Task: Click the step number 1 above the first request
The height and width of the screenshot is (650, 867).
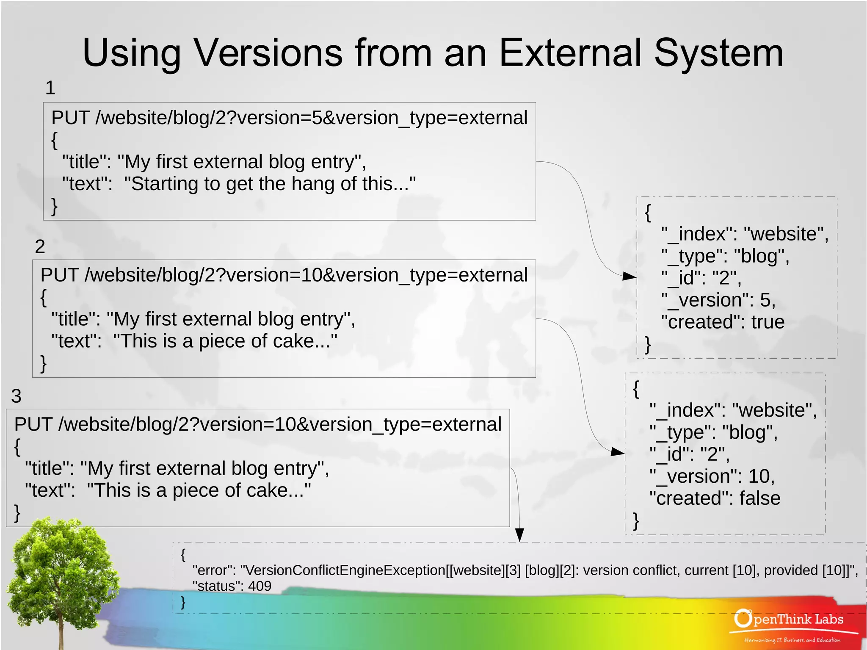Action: tap(50, 88)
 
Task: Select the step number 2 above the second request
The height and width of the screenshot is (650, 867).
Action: tap(40, 246)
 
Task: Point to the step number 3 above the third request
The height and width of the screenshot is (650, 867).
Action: tap(16, 396)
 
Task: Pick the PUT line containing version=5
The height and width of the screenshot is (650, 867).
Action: tap(289, 118)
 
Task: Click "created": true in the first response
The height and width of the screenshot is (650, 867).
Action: tap(723, 322)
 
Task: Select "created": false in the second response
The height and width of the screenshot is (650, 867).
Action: tap(715, 498)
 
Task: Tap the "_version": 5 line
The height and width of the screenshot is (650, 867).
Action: tap(718, 300)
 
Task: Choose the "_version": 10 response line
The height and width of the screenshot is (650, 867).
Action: tap(712, 476)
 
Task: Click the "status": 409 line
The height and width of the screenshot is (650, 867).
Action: tap(232, 586)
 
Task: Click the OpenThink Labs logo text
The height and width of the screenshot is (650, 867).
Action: tap(790, 620)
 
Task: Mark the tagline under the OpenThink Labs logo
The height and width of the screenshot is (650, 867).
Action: tap(792, 640)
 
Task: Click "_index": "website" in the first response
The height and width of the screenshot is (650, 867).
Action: tap(745, 234)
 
